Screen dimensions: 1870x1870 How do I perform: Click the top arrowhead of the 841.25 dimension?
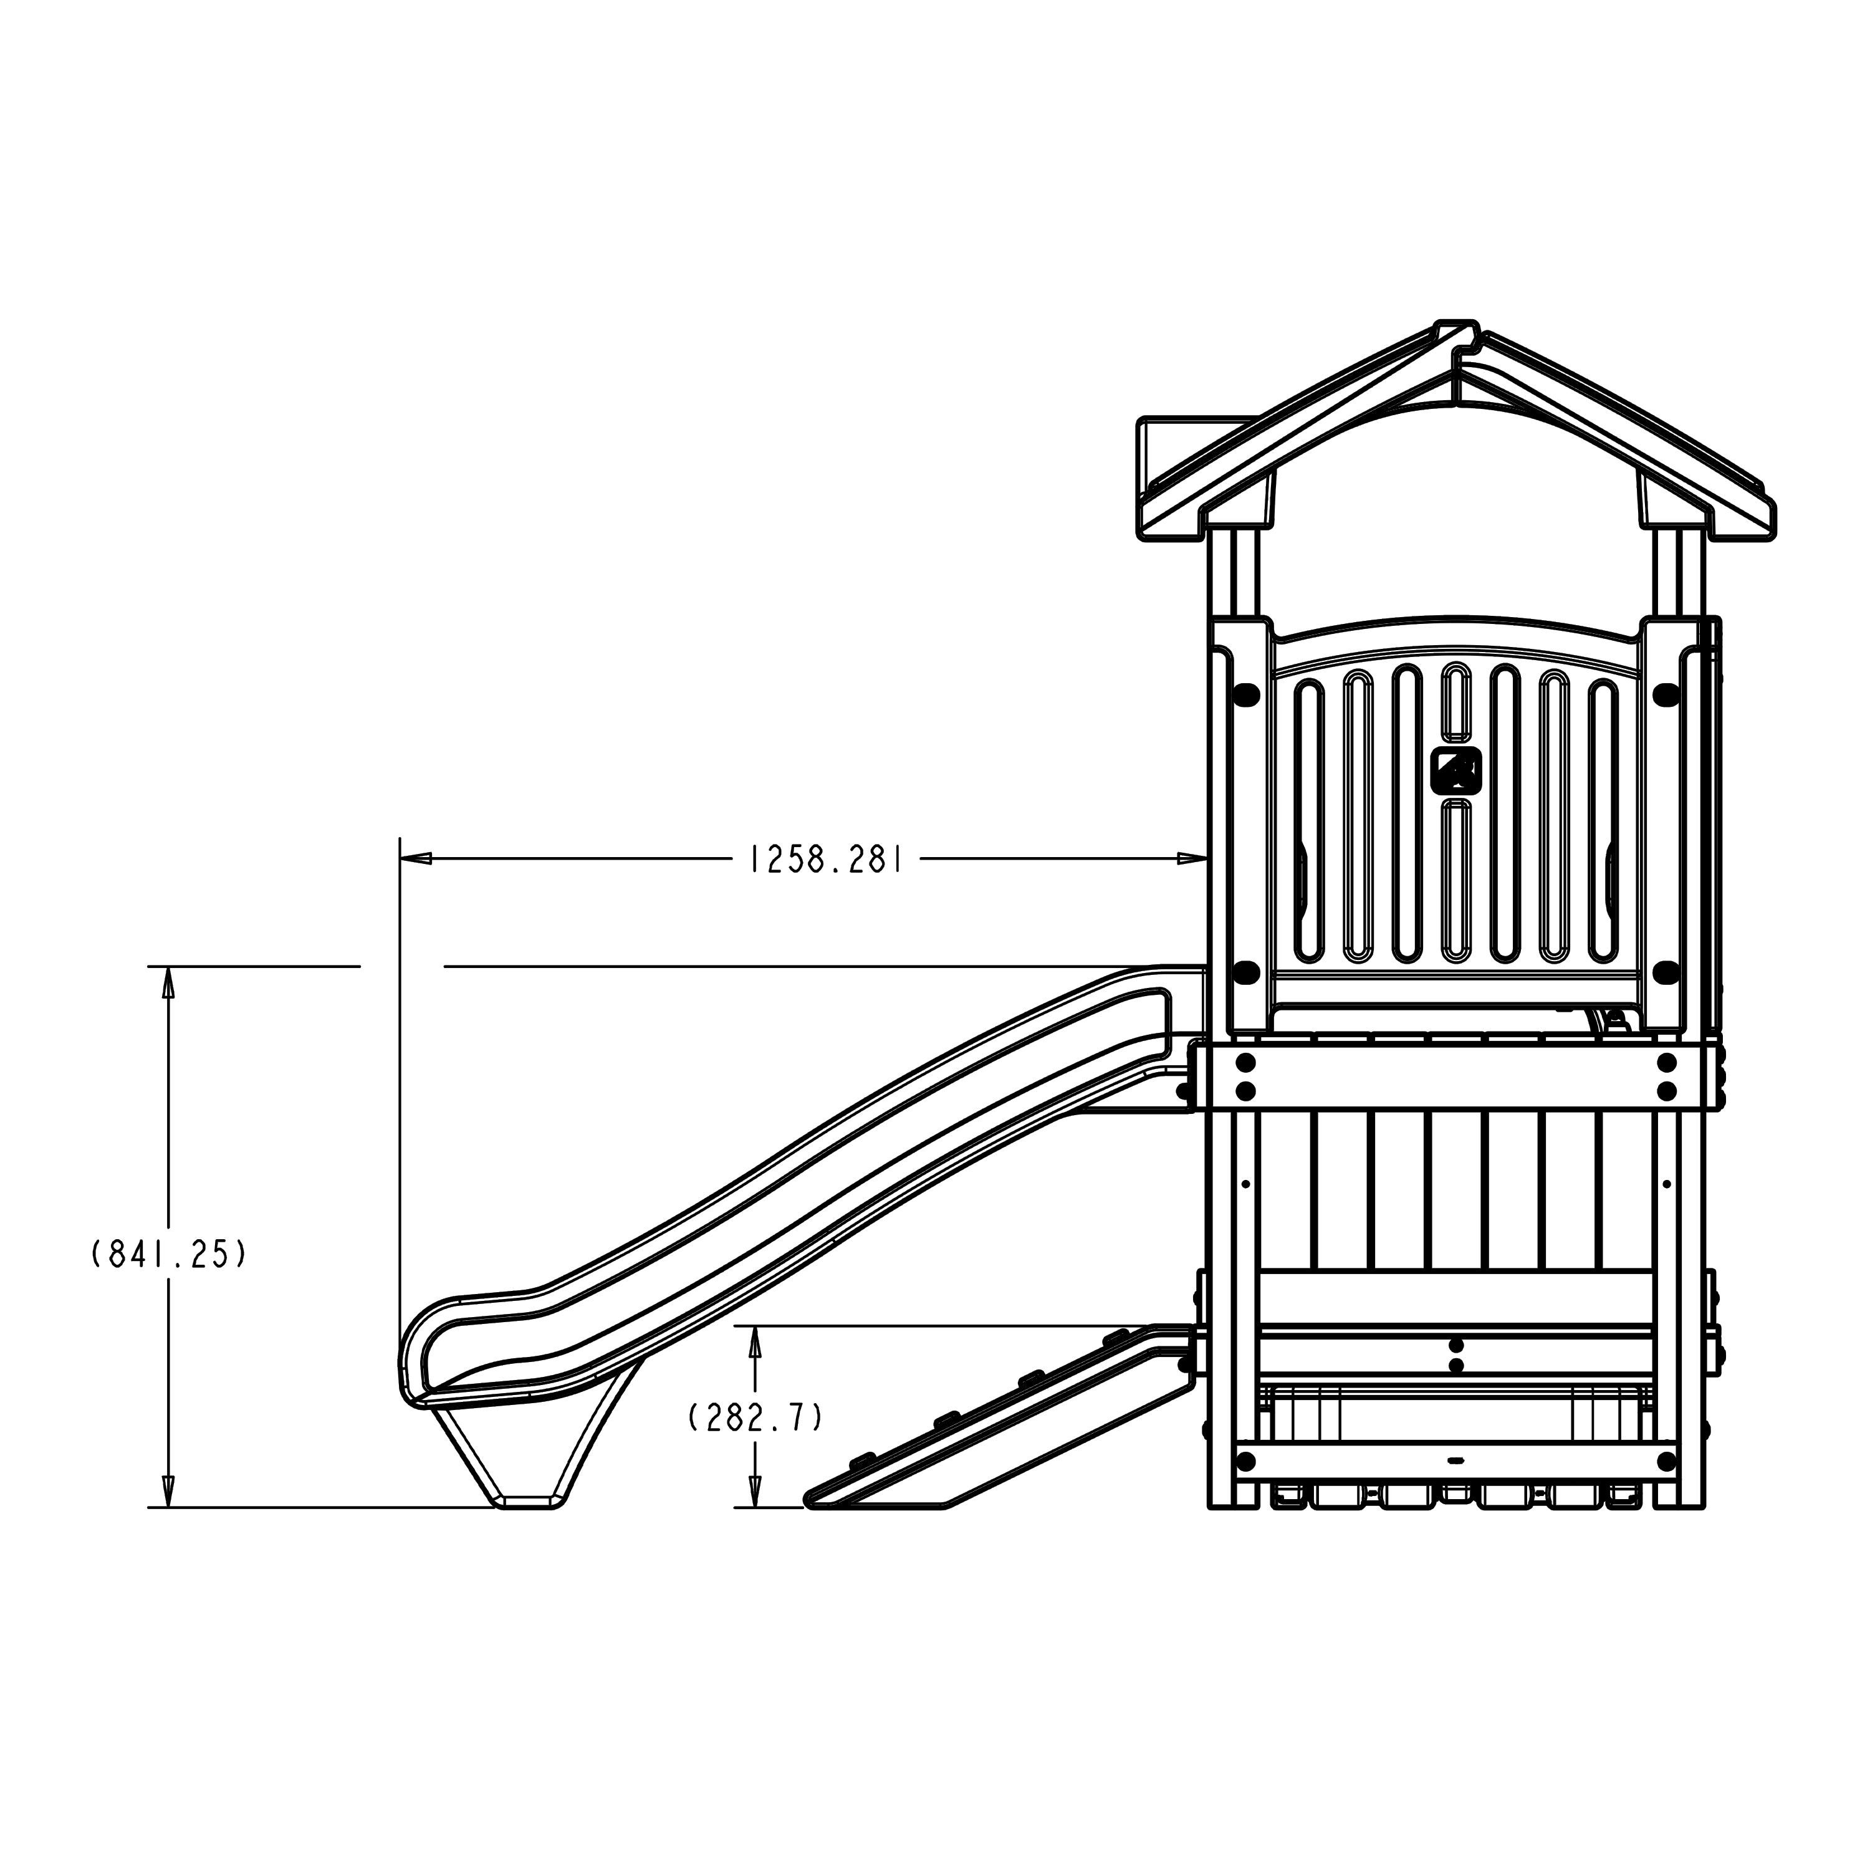coord(168,982)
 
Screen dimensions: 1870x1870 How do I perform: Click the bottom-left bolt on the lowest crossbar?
coord(1247,1488)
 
